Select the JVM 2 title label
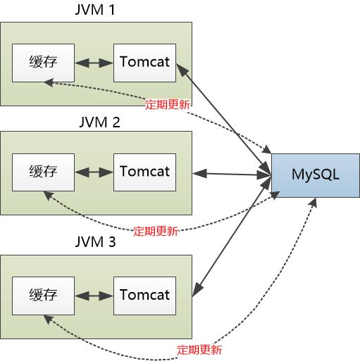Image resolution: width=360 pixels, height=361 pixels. coord(97,122)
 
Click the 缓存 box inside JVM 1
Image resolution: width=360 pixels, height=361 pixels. coord(43,61)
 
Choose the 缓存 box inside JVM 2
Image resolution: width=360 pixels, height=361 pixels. coord(43,172)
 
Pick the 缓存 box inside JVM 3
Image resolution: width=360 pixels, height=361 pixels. coord(43,293)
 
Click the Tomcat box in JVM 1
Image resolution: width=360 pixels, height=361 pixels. coord(144,61)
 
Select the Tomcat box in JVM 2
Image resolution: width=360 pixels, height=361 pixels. coord(144,172)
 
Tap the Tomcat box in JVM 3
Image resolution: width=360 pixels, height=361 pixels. coord(144,293)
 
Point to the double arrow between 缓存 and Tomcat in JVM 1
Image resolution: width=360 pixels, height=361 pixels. coord(94,62)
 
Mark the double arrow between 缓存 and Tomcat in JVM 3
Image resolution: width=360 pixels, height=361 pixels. coord(94,294)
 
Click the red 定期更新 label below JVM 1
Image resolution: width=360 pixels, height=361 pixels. coord(167,104)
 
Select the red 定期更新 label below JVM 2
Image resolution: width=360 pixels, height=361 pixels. coord(156,230)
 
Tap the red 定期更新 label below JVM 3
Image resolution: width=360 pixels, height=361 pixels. coord(199,349)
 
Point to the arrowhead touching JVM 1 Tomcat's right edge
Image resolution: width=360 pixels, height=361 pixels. coord(180,68)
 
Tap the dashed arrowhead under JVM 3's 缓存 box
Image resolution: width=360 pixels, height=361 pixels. coord(48,319)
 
